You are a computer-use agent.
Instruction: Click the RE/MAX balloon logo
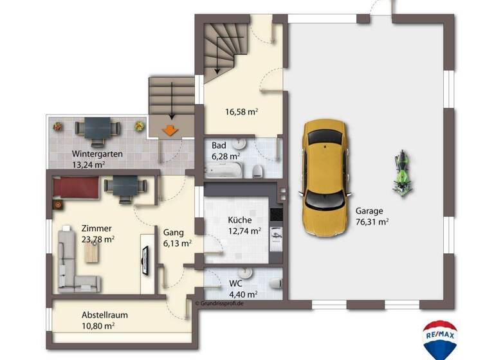pos(440,338)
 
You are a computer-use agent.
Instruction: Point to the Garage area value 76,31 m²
pos(372,221)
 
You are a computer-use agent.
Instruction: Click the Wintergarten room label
pos(97,154)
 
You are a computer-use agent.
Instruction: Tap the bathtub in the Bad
pos(224,170)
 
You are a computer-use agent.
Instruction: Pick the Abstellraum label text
pos(104,315)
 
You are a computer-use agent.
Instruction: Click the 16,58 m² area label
pos(242,111)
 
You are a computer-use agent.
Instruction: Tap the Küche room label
pos(240,220)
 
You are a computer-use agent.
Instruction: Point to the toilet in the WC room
pos(275,284)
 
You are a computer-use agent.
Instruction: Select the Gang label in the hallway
pos(174,232)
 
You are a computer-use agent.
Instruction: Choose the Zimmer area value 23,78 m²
pos(97,239)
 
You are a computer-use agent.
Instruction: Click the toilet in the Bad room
pos(258,170)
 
